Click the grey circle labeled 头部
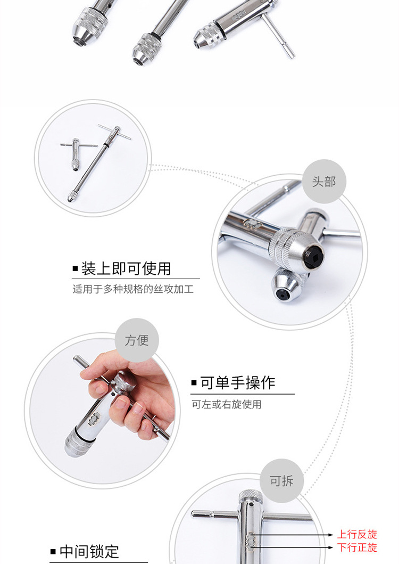pos(324,181)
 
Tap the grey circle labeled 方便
pos(137,340)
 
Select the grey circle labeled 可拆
pos(282,480)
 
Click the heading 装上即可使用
pos(126,268)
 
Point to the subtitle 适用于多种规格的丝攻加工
pos(133,289)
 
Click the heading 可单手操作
pos(238,383)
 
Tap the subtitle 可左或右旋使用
pos(227,404)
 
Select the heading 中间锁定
pos(89,551)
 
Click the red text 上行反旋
pos(357,534)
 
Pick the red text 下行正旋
pos(357,547)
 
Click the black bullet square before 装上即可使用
pos(75,268)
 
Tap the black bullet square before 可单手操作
pos(194,382)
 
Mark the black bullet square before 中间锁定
pos(53,551)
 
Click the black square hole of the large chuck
pos(313,257)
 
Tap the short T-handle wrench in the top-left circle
pos(76,153)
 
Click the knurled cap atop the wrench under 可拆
pos(251,497)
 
